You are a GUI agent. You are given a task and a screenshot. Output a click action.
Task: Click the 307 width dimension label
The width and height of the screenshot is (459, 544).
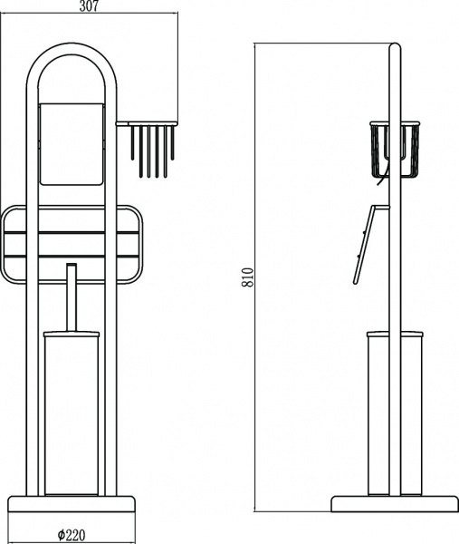(89, 6)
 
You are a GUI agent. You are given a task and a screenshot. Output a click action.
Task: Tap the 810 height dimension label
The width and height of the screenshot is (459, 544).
(248, 277)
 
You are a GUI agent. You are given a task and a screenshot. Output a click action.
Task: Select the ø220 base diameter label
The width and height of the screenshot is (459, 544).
(72, 535)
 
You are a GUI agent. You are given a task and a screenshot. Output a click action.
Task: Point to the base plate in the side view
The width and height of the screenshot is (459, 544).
(395, 504)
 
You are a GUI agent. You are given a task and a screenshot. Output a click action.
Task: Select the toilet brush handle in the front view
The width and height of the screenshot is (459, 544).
(72, 297)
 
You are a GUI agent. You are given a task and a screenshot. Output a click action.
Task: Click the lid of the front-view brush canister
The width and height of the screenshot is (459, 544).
(72, 335)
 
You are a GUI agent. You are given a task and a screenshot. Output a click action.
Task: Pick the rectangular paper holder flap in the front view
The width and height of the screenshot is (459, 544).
(72, 143)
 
